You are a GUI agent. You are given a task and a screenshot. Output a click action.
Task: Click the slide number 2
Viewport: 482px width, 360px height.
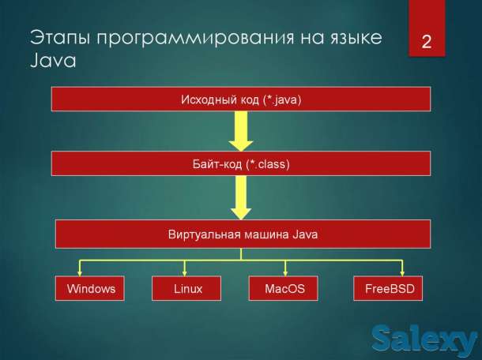(x=427, y=42)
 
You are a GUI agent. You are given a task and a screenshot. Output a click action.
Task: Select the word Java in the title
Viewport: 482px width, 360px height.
(x=53, y=62)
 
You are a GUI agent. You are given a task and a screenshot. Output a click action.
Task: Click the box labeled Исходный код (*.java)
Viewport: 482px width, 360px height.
(x=241, y=99)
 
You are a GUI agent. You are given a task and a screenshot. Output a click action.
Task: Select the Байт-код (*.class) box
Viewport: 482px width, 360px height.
(x=241, y=164)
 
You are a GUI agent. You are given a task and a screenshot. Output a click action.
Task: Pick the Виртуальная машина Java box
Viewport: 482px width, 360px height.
(x=241, y=234)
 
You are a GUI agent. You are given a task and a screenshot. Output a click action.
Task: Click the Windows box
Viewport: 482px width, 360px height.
(x=90, y=289)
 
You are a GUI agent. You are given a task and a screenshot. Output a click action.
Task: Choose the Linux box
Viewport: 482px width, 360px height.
(x=187, y=289)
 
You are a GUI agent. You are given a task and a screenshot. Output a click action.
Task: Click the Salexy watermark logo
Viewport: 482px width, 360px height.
(x=425, y=339)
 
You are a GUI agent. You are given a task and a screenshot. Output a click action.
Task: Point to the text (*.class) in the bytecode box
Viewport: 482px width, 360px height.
(x=269, y=164)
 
